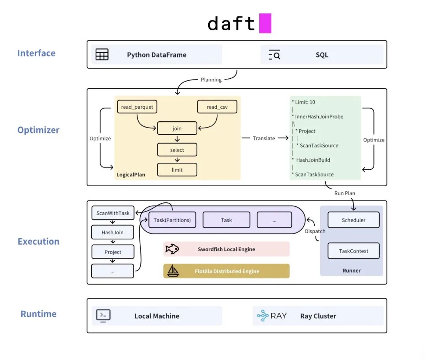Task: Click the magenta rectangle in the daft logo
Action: tap(265, 23)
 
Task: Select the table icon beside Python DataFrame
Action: tap(102, 54)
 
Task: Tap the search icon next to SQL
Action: tap(274, 54)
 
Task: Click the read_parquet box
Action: tap(137, 107)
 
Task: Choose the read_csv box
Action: tap(217, 107)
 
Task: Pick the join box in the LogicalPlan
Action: tap(177, 128)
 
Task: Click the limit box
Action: tap(177, 170)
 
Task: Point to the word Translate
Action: tap(264, 138)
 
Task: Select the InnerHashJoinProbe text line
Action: tap(318, 117)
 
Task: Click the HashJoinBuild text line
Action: tap(311, 160)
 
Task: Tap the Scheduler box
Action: tap(353, 220)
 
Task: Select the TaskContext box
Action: tap(353, 251)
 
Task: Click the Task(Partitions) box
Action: tap(172, 220)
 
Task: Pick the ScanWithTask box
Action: tap(113, 213)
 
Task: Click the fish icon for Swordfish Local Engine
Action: tap(172, 249)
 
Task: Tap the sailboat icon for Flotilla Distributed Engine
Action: tap(173, 271)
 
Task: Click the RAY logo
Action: tap(272, 315)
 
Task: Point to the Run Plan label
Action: tap(344, 193)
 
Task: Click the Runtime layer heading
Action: tap(39, 314)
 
